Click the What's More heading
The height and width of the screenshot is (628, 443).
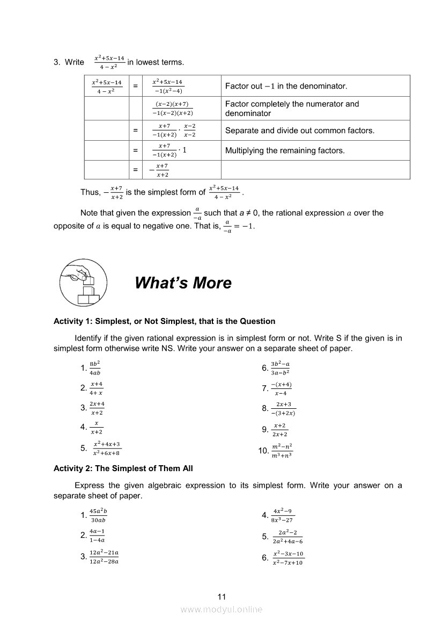point(183,283)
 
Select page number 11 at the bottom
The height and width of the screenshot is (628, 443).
point(222,596)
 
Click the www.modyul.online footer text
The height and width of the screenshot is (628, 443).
point(222,609)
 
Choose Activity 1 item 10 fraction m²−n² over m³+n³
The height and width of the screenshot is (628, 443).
point(282,451)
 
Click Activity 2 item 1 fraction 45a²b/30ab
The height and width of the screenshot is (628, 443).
point(98,515)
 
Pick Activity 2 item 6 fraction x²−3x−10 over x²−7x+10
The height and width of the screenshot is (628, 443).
point(287,558)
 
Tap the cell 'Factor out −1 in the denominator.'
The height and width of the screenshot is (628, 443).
point(286,86)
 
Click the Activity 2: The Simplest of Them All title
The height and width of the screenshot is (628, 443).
point(123,468)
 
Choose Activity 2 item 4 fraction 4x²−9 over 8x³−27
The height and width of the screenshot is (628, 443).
point(282,515)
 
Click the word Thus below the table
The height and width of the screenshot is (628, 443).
point(90,192)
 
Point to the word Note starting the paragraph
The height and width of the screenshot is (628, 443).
point(90,213)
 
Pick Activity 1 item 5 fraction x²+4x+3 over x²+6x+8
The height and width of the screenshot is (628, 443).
point(106,448)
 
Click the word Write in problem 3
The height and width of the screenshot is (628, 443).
point(75,62)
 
